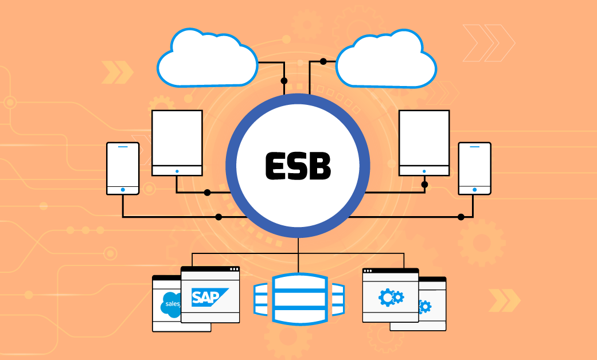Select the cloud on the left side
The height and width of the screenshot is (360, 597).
208,60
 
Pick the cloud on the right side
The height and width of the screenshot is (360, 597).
387,60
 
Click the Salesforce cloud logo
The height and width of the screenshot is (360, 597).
171,304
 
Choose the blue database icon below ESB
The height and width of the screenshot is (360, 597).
298,299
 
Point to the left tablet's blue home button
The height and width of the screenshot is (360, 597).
177,171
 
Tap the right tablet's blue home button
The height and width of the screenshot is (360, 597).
424,171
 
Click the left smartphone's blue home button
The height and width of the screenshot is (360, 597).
123,189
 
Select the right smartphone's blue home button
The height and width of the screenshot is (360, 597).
474,189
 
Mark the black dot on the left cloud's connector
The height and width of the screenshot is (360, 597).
283,81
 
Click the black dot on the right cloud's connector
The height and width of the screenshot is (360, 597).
323,61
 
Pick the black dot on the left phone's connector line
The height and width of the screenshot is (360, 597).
218,217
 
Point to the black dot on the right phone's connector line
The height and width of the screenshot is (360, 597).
461,217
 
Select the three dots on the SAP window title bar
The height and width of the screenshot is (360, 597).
233,269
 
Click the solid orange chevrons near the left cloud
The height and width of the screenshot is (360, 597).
117,72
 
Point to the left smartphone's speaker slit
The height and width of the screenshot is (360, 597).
123,148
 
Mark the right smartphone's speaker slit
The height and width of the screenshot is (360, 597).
474,148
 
